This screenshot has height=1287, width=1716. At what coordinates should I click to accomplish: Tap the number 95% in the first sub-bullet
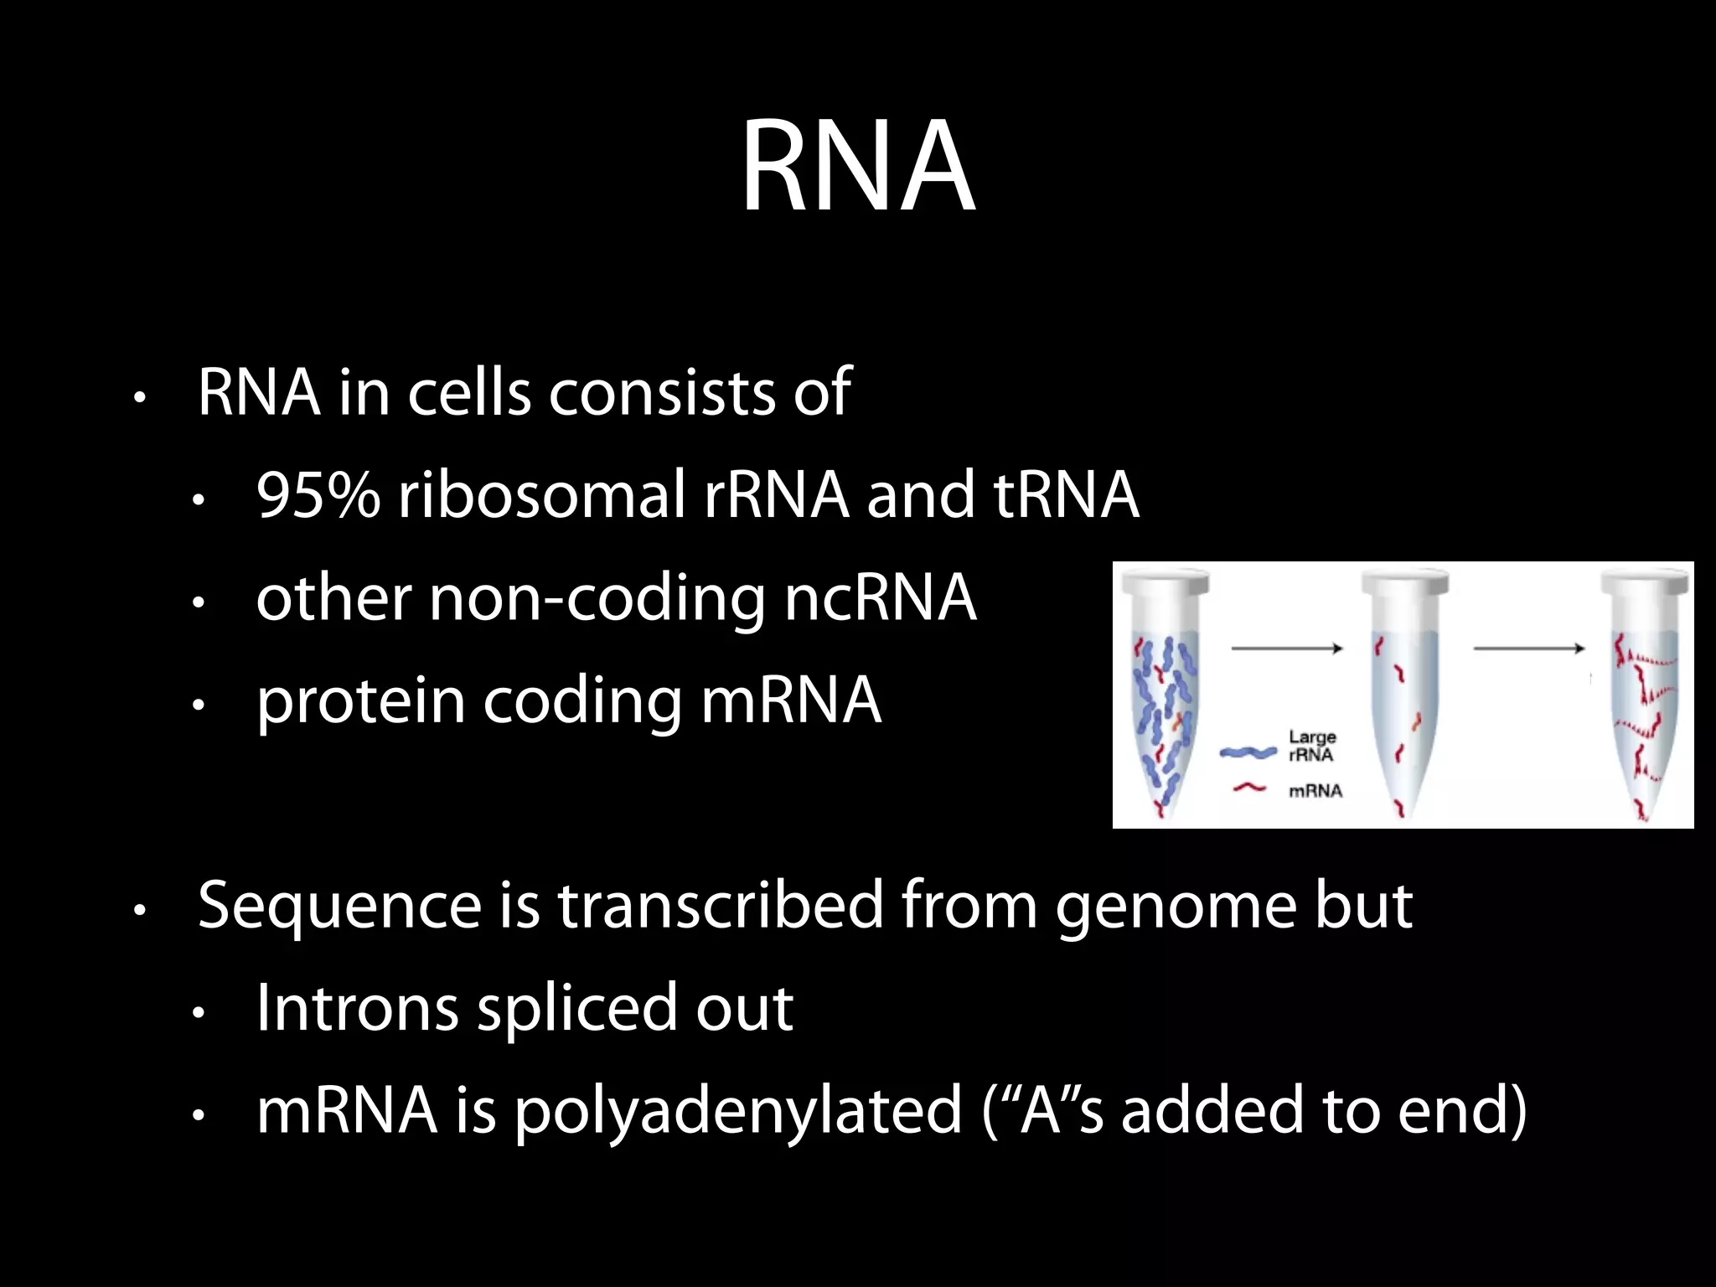point(318,495)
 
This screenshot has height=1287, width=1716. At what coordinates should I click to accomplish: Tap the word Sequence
point(339,906)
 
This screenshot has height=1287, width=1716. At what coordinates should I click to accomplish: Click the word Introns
point(357,1008)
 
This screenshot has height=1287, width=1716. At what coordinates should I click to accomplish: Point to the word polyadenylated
point(738,1111)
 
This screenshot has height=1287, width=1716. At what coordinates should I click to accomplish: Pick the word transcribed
point(720,906)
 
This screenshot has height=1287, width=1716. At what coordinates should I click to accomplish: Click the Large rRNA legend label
point(1312,746)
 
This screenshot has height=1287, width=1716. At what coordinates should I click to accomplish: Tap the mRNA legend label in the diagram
point(1315,791)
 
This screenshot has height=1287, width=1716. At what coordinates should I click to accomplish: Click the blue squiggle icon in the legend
point(1248,752)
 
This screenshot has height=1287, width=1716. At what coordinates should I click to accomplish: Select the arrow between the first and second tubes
point(1286,648)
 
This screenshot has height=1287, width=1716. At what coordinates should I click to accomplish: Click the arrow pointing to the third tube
point(1528,648)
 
